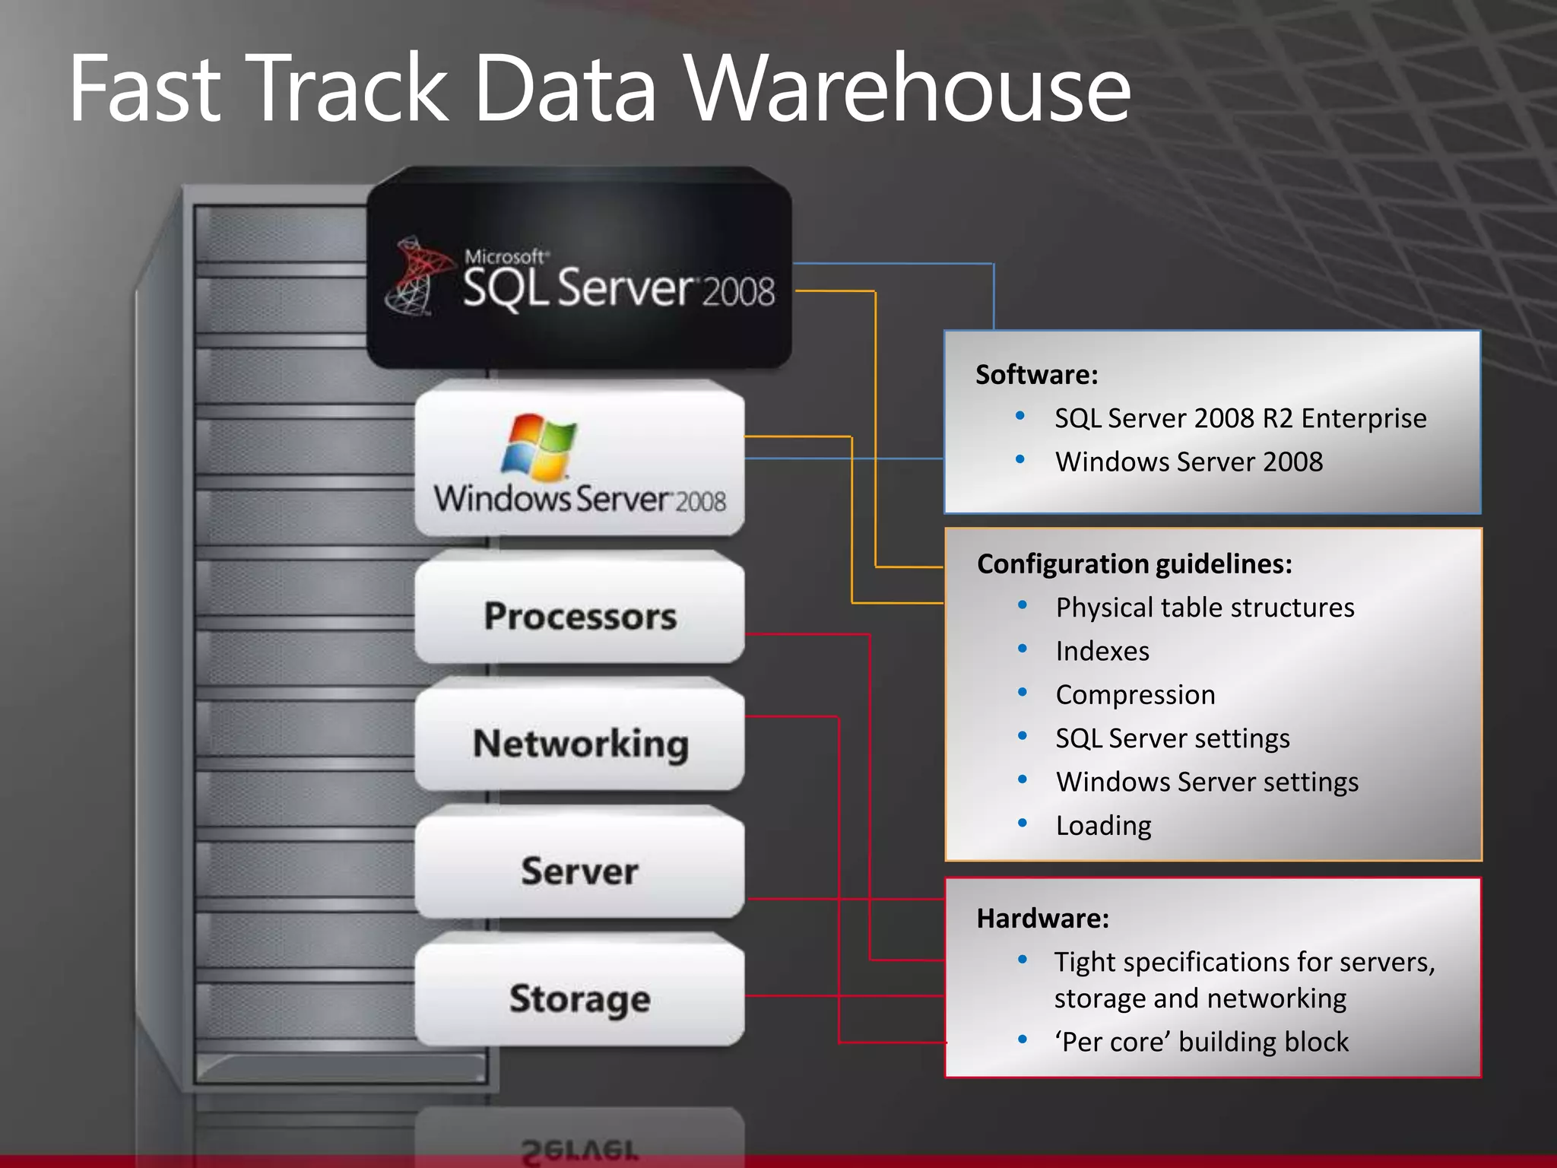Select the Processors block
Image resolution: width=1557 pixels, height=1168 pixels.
(579, 615)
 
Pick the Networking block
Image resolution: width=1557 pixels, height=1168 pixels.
(579, 743)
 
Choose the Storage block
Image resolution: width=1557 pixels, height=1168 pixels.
(579, 998)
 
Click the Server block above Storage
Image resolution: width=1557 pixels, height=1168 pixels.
(579, 870)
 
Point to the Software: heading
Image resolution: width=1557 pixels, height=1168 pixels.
(1036, 375)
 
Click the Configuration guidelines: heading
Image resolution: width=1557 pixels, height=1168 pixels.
(1134, 563)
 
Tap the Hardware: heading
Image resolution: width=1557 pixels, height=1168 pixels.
(1042, 919)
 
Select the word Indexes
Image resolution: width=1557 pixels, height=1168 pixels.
(1102, 652)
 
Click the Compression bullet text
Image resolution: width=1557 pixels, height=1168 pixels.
(1135, 695)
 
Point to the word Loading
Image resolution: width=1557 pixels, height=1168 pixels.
(1103, 826)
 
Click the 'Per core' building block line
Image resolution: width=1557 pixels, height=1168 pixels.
(1201, 1042)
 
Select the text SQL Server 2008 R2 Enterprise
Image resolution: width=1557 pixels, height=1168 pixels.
(1240, 418)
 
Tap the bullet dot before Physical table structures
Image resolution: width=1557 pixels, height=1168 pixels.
(1023, 605)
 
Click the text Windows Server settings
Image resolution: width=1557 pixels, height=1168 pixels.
(1207, 782)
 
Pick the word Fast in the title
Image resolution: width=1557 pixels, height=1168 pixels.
(144, 89)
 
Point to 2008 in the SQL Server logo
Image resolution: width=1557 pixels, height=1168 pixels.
(737, 292)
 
